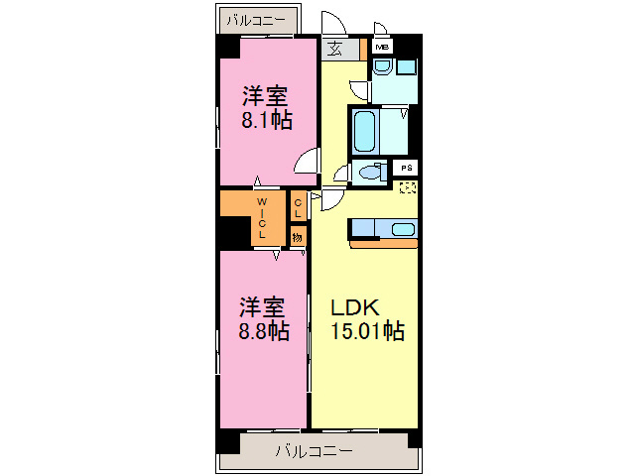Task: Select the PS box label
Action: pyautogui.click(x=408, y=169)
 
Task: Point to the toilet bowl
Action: pyautogui.click(x=370, y=172)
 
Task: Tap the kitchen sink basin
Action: pyautogui.click(x=404, y=230)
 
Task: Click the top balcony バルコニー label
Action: pyautogui.click(x=255, y=19)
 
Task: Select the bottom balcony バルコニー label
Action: pyautogui.click(x=314, y=451)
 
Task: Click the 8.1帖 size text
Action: pyautogui.click(x=266, y=122)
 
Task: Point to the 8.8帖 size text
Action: pyautogui.click(x=264, y=330)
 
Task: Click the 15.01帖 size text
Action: pyautogui.click(x=366, y=331)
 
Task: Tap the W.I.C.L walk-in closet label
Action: pyautogui.click(x=262, y=218)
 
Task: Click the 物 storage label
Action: pyautogui.click(x=297, y=236)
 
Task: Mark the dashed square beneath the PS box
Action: pyautogui.click(x=408, y=186)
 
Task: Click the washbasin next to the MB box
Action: pyautogui.click(x=383, y=67)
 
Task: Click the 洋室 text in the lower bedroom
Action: pyautogui.click(x=264, y=305)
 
